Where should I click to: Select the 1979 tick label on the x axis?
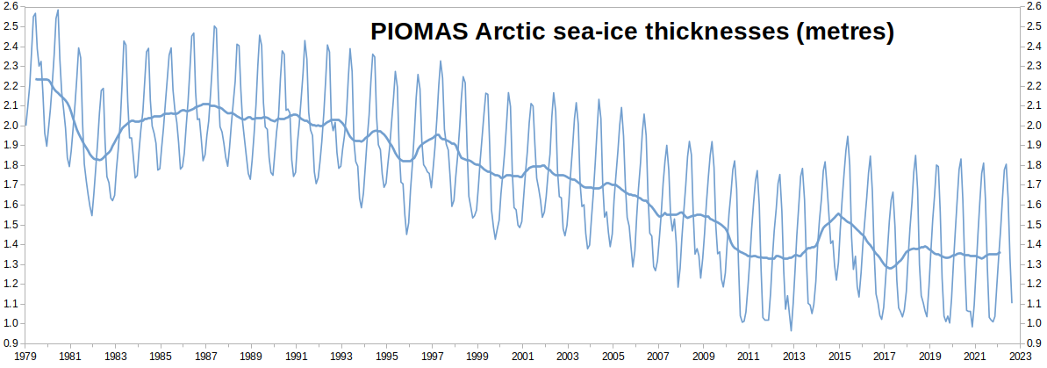(x=25, y=357)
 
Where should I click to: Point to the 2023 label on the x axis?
(x=1020, y=357)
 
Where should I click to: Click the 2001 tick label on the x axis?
(x=522, y=357)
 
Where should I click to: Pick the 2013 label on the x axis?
(x=793, y=357)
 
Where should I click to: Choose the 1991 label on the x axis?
(x=297, y=357)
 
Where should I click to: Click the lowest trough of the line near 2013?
(x=792, y=330)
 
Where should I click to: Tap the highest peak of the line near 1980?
(x=58, y=11)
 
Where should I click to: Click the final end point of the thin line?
(x=1012, y=302)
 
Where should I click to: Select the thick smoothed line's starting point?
(x=36, y=79)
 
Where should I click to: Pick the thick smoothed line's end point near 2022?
(x=1000, y=253)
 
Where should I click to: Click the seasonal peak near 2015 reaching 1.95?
(x=848, y=136)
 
